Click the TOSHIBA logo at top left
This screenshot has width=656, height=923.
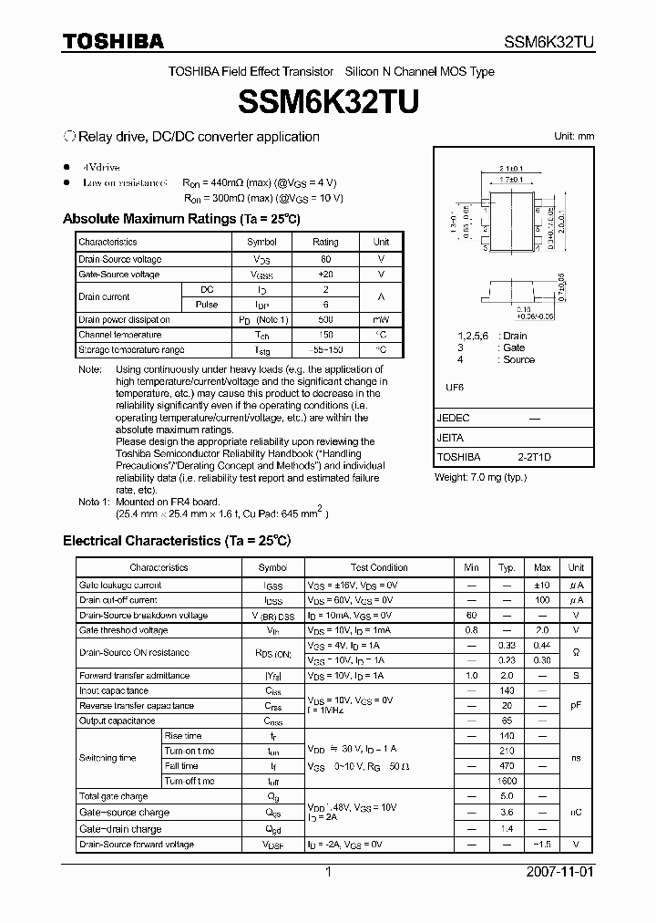click(x=113, y=41)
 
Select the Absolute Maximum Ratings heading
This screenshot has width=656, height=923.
click(x=180, y=219)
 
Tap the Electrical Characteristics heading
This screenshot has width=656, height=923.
click(x=176, y=541)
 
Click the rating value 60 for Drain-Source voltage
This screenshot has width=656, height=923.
click(x=325, y=260)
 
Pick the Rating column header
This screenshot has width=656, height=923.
click(x=325, y=242)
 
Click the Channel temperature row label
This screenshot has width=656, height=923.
click(x=119, y=335)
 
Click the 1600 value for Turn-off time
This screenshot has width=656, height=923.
click(x=507, y=781)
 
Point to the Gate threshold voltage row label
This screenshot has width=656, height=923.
click(x=123, y=630)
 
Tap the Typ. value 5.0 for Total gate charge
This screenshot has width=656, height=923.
click(x=507, y=796)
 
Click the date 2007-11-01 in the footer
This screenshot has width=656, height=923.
click(x=559, y=872)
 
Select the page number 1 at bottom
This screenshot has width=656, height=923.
click(x=328, y=872)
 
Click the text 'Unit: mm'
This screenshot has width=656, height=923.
click(x=574, y=136)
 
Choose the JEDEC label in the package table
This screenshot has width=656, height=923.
click(x=454, y=418)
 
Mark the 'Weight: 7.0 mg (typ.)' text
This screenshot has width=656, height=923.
click(x=481, y=477)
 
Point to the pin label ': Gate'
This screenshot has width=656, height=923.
click(x=511, y=347)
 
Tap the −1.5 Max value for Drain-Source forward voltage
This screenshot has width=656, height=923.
click(x=542, y=845)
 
